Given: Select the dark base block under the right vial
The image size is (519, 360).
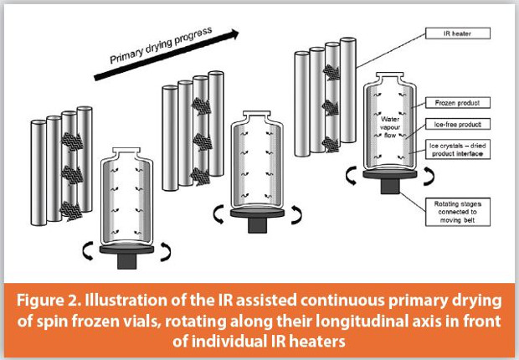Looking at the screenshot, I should coord(388,186).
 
